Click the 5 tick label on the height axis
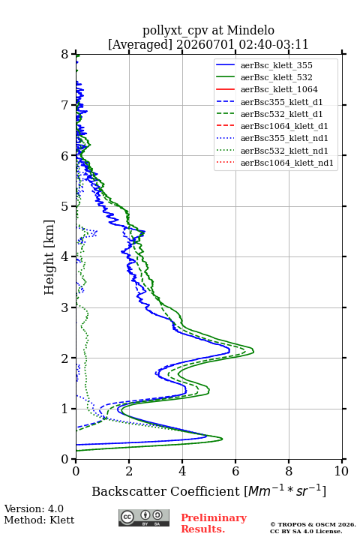[65, 206]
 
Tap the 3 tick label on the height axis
[65, 307]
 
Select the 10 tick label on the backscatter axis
[341, 471]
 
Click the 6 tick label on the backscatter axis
[235, 471]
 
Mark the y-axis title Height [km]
[49, 257]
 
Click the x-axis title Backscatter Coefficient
[166, 491]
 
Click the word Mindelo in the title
[250, 31]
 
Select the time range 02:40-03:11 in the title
[272, 44]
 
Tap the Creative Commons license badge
[144, 517]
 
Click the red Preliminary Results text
[214, 523]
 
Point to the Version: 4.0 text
[34, 508]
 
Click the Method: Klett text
[39, 520]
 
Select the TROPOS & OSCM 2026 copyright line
[313, 524]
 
